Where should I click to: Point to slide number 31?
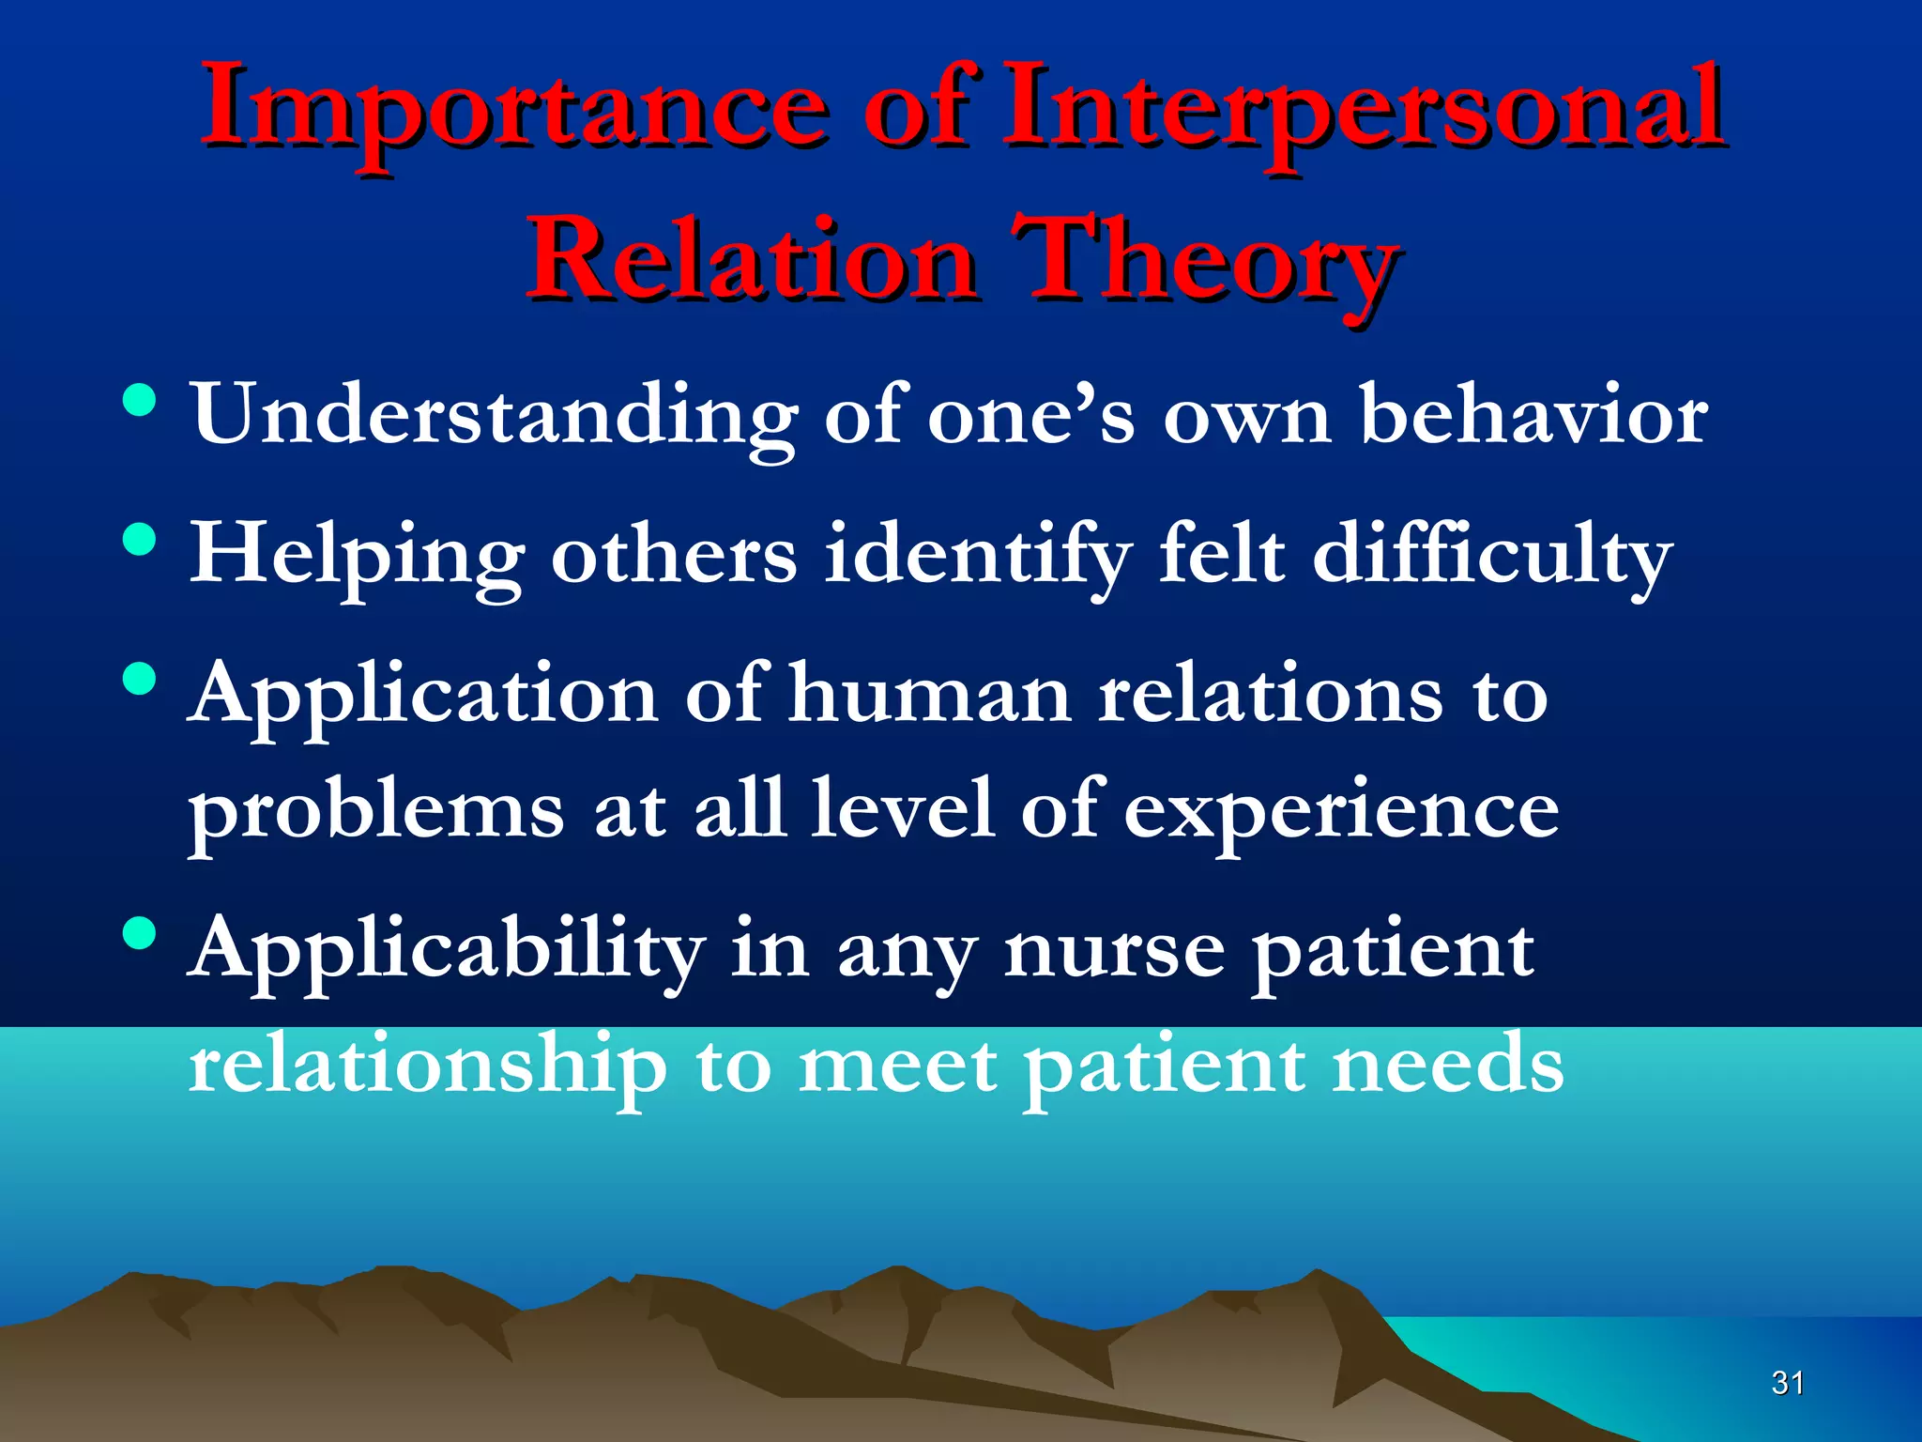coord(1787,1383)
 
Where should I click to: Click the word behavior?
coord(1533,415)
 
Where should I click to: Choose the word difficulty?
coord(1492,556)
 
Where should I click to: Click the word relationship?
coord(427,1066)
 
